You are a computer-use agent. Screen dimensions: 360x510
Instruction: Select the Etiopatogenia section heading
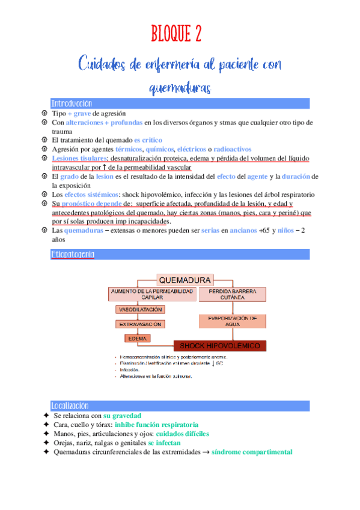tap(73, 254)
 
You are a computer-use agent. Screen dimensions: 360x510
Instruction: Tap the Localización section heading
tap(70, 405)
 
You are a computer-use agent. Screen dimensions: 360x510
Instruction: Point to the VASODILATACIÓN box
tap(140, 309)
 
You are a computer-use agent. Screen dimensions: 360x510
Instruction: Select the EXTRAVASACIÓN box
tap(140, 324)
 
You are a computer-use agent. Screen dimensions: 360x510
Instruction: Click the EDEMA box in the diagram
tap(138, 338)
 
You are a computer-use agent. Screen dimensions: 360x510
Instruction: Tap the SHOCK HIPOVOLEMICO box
tap(220, 346)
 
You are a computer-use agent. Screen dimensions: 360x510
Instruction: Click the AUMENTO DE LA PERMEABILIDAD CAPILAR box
tap(152, 294)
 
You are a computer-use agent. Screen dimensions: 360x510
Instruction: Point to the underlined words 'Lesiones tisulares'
tap(75, 158)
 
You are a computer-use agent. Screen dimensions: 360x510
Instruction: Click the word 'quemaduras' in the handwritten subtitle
tap(180, 88)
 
